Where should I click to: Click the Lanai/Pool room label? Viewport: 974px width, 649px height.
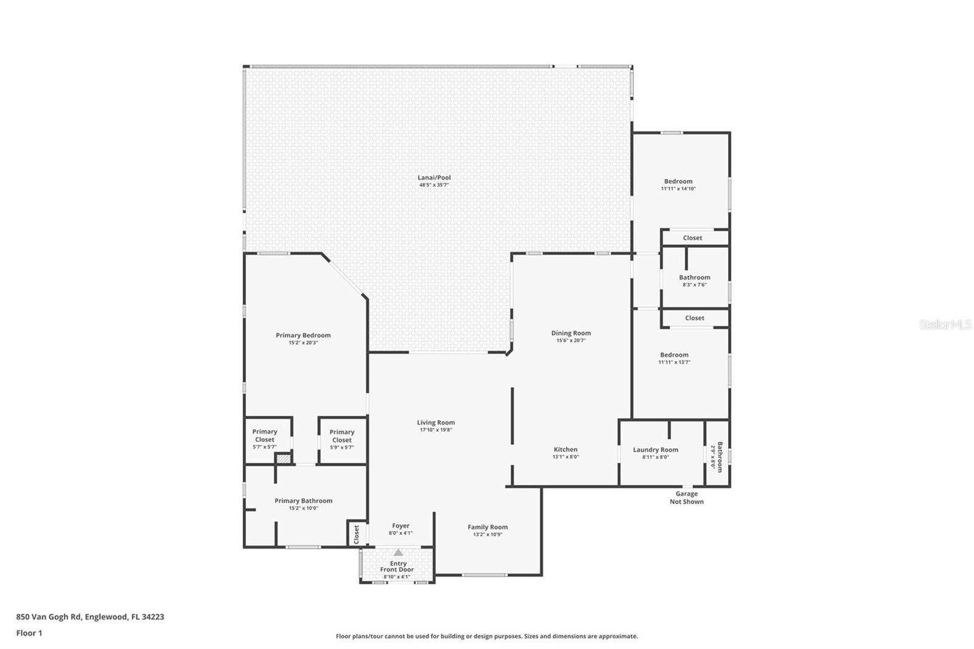tap(434, 178)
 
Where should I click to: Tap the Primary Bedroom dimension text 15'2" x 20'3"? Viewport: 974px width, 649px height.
tap(303, 343)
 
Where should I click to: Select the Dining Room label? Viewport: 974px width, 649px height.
tap(571, 333)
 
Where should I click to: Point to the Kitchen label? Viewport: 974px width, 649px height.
tap(566, 449)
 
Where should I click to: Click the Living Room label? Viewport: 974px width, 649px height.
tap(436, 423)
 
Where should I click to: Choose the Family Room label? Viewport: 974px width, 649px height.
tap(488, 527)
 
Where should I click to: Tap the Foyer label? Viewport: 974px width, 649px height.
tap(401, 525)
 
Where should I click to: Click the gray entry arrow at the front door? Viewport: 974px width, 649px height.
tap(398, 553)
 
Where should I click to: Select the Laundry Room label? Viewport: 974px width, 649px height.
tap(656, 450)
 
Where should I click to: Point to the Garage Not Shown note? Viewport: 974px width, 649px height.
tap(687, 498)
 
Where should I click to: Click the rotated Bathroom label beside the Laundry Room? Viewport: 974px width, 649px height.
tap(720, 457)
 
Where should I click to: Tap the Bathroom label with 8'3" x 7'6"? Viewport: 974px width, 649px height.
tap(695, 277)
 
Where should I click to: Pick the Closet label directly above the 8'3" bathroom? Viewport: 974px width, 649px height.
tap(693, 238)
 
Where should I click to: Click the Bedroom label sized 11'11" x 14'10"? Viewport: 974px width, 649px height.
tap(678, 181)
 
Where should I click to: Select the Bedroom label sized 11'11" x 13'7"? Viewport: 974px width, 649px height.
tap(674, 355)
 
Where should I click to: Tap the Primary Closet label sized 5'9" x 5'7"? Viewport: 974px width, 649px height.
tap(342, 436)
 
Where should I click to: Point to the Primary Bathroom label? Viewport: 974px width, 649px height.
tap(303, 501)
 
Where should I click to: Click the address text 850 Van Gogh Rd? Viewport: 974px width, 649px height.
tap(89, 617)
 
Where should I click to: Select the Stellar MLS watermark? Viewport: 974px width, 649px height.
tap(945, 324)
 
